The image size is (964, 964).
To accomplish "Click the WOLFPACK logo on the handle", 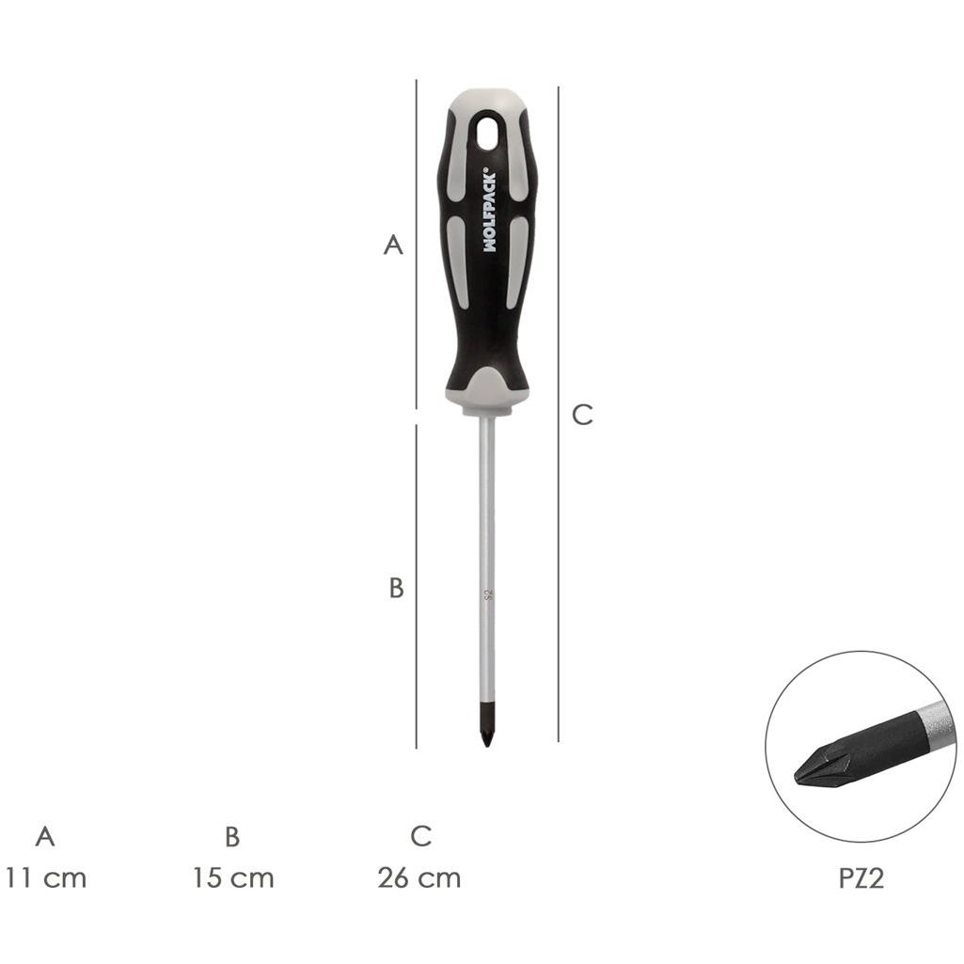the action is tap(489, 210).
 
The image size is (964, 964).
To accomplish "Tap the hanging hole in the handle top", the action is tap(490, 133).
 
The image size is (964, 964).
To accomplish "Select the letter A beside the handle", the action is tap(393, 245).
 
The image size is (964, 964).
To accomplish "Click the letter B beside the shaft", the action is tap(397, 588).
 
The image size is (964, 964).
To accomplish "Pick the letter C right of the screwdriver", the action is tap(581, 415).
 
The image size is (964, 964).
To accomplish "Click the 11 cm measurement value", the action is tap(45, 877).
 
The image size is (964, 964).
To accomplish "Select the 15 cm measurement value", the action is tap(233, 877).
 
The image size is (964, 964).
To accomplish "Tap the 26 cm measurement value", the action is tap(419, 877).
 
